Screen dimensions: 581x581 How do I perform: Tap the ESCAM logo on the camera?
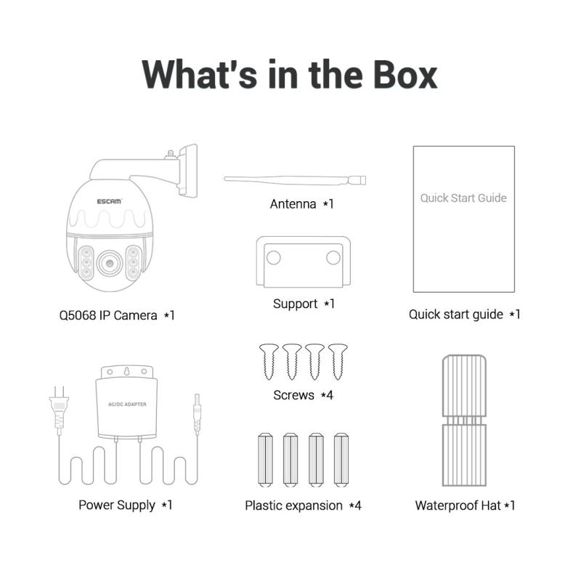click(x=109, y=201)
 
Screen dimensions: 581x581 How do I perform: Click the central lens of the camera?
click(x=110, y=263)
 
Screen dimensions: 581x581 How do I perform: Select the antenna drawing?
click(x=295, y=180)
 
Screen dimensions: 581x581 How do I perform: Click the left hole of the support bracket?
click(x=274, y=258)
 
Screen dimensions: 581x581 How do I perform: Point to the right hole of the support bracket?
click(x=333, y=258)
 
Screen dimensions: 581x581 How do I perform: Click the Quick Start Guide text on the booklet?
click(x=463, y=198)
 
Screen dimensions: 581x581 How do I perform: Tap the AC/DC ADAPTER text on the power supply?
click(x=127, y=405)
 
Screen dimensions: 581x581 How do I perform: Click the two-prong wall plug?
click(x=59, y=407)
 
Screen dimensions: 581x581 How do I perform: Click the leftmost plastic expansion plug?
click(x=265, y=460)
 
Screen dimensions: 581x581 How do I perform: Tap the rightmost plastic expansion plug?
click(x=341, y=460)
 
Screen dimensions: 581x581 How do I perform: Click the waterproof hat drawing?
click(x=464, y=420)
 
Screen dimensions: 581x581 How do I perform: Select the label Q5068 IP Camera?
click(x=108, y=315)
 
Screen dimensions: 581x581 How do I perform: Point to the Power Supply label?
click(x=117, y=505)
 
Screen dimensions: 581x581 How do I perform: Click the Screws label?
click(x=294, y=395)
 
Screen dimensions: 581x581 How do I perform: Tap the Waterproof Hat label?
click(x=458, y=505)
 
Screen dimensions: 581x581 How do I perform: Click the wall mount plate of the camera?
click(x=188, y=171)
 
